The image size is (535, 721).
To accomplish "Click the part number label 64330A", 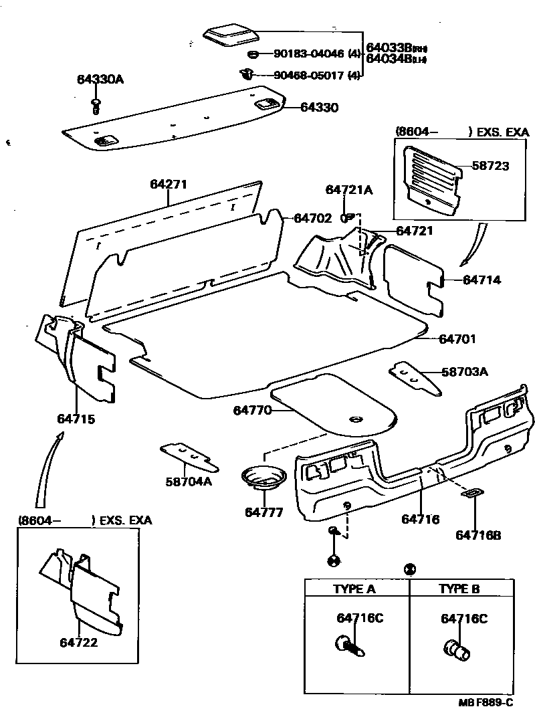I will click(x=100, y=80).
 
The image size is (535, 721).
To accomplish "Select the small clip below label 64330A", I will click(x=96, y=104).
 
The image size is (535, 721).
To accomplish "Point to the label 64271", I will click(x=168, y=185).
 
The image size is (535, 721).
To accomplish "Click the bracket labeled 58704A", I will click(x=189, y=456).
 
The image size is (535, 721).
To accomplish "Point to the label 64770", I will click(x=252, y=409).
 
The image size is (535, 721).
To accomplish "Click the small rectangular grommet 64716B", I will click(x=470, y=494).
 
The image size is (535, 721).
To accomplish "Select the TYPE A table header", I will click(x=354, y=589).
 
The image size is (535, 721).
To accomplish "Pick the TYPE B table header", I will click(x=459, y=589).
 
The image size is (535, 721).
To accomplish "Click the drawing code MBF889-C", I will click(x=486, y=702).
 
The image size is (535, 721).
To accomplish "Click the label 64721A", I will click(x=349, y=190).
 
